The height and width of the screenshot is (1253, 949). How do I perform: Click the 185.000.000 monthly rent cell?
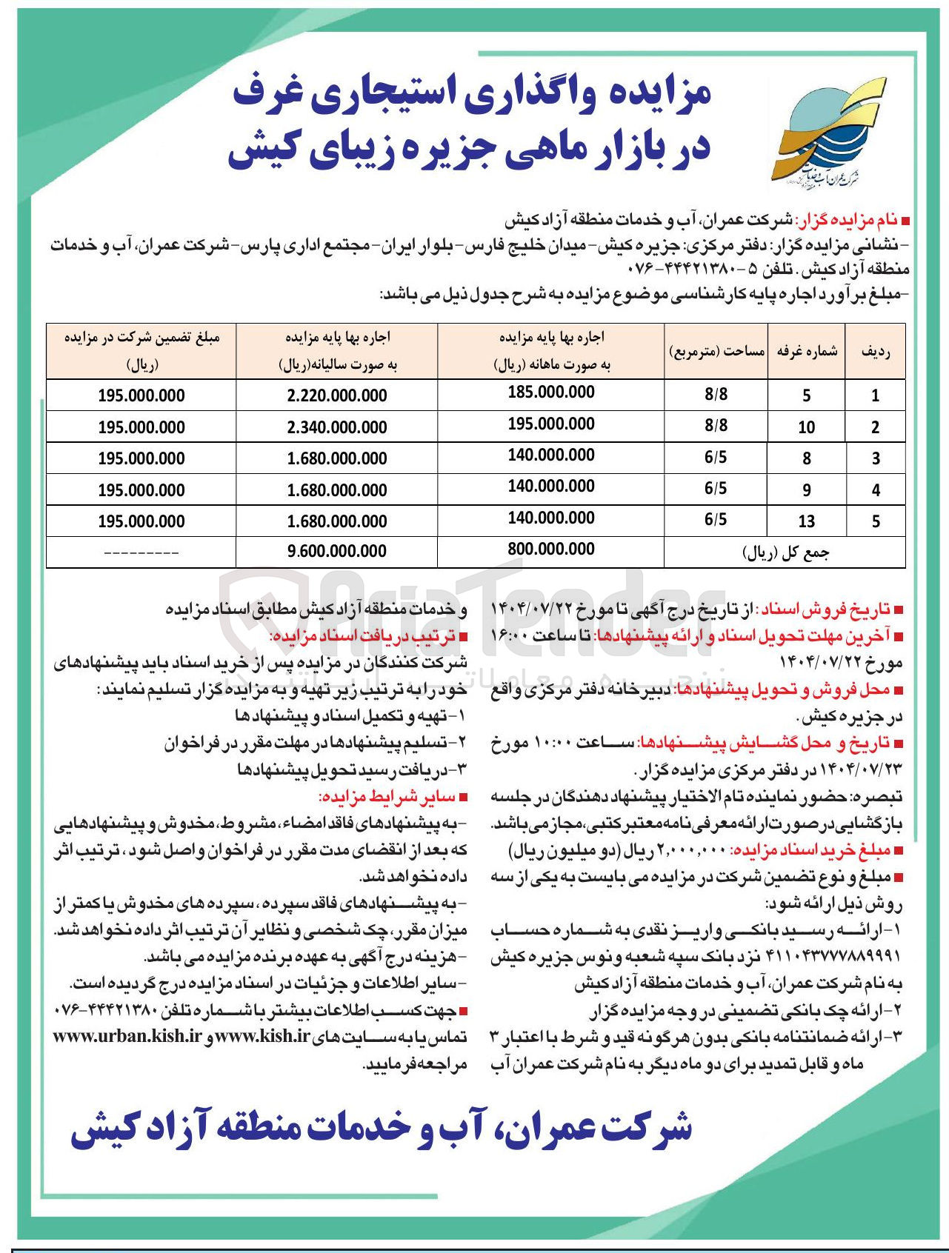click(551, 392)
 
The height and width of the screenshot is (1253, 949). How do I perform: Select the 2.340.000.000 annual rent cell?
click(337, 427)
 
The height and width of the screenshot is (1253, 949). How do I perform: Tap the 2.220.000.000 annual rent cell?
click(337, 396)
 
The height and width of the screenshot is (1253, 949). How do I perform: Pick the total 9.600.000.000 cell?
click(337, 551)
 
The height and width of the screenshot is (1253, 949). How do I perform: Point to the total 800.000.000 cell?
click(551, 549)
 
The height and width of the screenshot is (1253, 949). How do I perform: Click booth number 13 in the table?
click(806, 521)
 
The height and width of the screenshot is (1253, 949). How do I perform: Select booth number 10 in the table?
click(806, 427)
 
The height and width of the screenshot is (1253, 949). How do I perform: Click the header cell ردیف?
click(875, 352)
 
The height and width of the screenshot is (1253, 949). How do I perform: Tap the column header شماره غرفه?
click(807, 352)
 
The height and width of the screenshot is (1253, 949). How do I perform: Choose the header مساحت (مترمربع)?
click(716, 352)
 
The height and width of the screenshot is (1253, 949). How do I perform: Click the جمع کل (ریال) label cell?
click(785, 552)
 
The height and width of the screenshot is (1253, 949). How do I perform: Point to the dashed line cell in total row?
click(141, 552)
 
